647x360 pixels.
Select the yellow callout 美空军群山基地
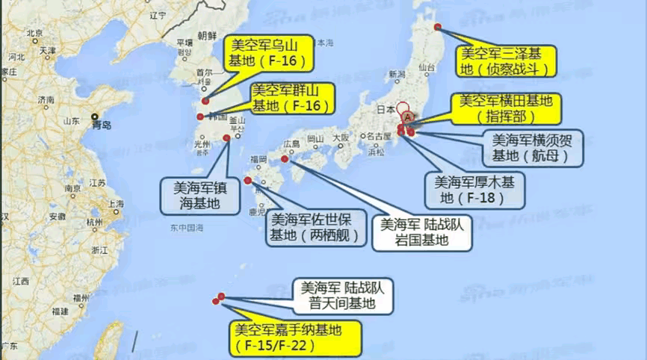point(291,99)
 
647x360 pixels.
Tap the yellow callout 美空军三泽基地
point(508,61)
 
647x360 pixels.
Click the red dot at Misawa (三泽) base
point(438,28)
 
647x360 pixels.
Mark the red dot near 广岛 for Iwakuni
point(284,158)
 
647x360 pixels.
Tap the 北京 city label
point(34,33)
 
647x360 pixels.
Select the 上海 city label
point(114,203)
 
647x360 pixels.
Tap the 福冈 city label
point(258,159)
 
